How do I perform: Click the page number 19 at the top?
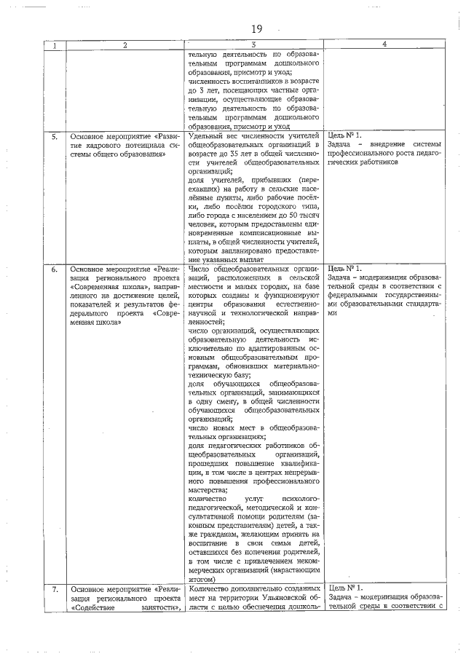(x=256, y=29)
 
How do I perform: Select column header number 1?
(x=55, y=45)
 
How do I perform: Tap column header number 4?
(x=383, y=45)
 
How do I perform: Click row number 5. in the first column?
(x=55, y=135)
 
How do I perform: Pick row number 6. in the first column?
(x=55, y=269)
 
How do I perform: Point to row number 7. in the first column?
(x=55, y=588)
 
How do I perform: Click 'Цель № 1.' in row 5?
(x=345, y=135)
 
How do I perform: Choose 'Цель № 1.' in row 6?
(x=345, y=269)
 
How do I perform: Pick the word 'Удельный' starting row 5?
(x=207, y=135)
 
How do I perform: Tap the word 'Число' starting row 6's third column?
(x=200, y=269)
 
